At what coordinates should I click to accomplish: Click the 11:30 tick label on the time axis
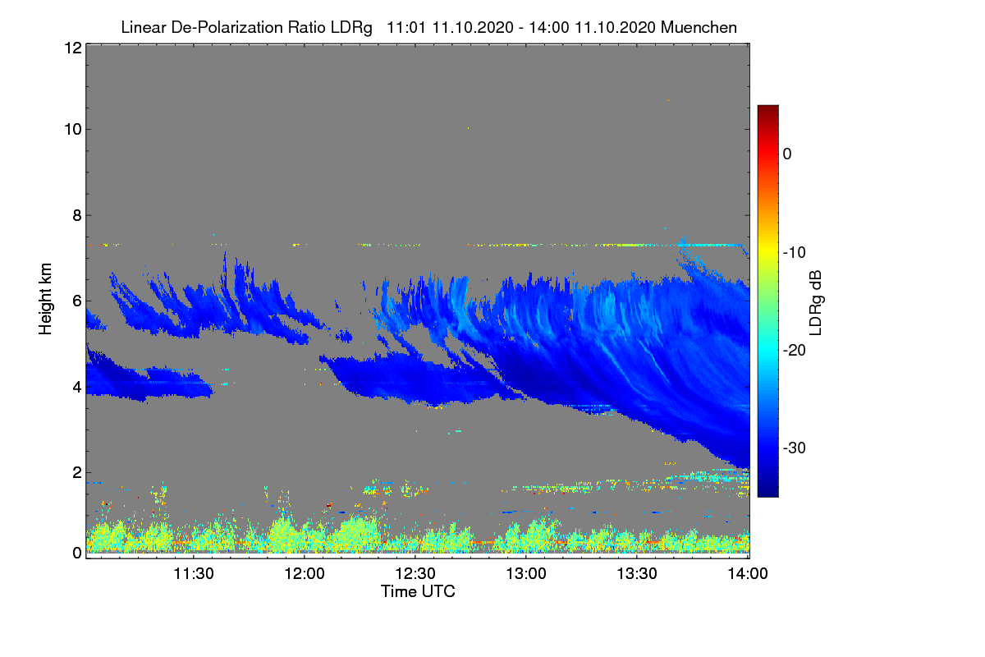pyautogui.click(x=194, y=574)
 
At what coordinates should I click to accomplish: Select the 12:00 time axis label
pyautogui.click(x=305, y=574)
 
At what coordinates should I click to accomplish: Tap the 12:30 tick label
pyautogui.click(x=415, y=574)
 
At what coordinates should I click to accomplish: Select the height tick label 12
pyautogui.click(x=71, y=48)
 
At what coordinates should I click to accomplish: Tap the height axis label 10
pyautogui.click(x=71, y=129)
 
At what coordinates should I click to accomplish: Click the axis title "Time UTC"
pyautogui.click(x=417, y=591)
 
